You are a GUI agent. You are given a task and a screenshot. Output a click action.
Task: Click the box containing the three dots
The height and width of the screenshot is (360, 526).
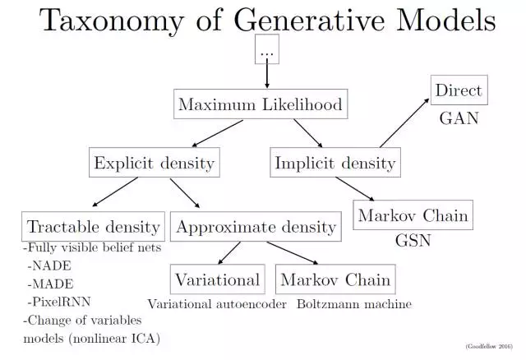266,51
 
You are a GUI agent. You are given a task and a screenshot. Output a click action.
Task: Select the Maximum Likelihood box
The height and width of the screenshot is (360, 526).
260,105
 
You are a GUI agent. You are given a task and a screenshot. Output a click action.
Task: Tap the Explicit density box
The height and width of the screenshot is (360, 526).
154,163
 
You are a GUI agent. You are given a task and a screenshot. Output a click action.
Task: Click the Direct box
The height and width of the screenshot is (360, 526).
459,90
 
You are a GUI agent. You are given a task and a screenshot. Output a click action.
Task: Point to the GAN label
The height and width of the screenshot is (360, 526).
458,118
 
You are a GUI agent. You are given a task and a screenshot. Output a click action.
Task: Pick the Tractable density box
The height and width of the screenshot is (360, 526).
93,227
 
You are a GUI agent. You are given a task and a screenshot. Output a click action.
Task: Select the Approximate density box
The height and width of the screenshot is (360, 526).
255,227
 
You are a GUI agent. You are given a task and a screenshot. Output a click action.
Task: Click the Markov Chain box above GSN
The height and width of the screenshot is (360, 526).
413,216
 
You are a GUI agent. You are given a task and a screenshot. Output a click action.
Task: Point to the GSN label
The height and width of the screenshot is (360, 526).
413,243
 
